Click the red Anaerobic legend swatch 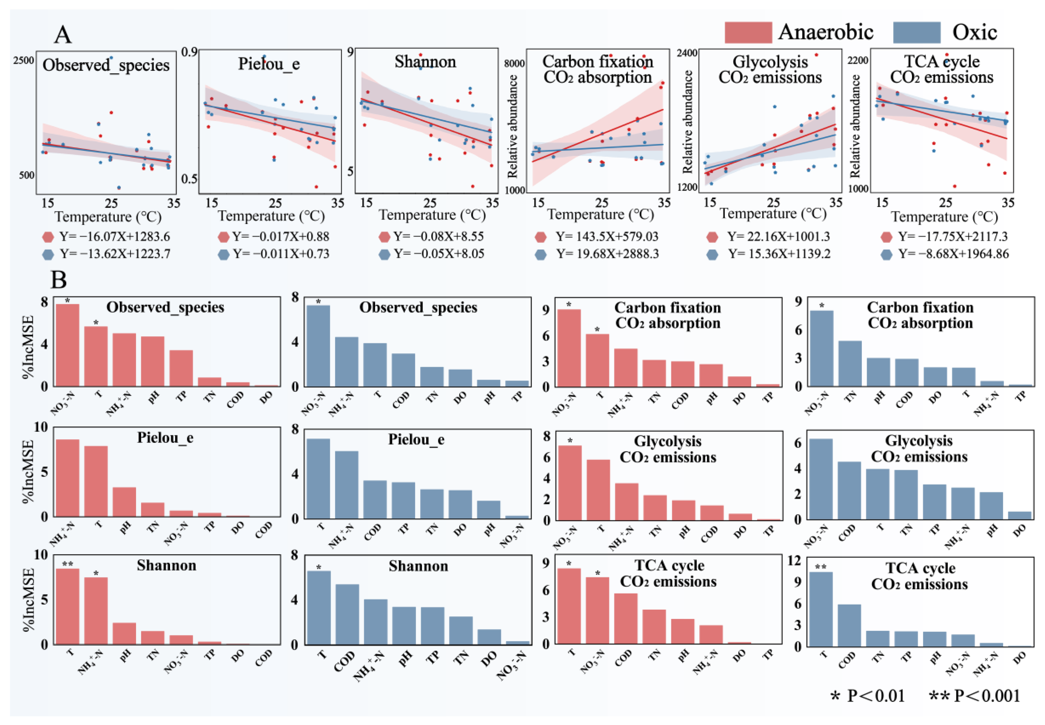click(x=747, y=32)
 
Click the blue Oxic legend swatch click(x=916, y=32)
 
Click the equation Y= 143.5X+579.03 click(x=606, y=237)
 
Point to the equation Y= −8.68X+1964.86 click(x=953, y=254)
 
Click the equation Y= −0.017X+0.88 click(x=280, y=237)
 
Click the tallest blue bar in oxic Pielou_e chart click(x=318, y=478)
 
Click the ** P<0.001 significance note click(x=975, y=696)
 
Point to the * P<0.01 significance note click(x=867, y=696)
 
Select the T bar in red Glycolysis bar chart click(x=598, y=490)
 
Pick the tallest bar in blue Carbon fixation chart click(x=821, y=348)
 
